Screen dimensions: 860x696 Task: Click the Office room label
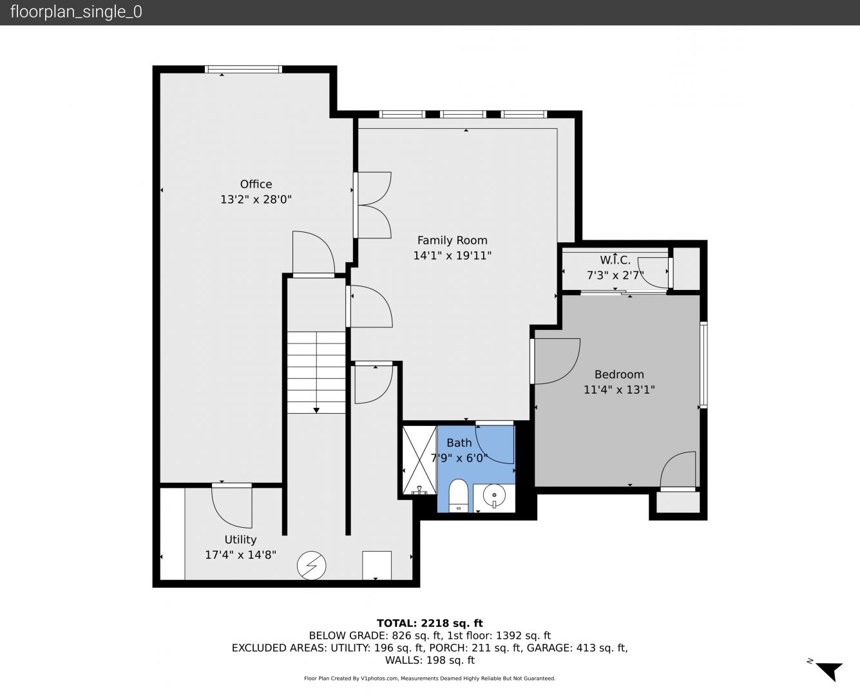(256, 184)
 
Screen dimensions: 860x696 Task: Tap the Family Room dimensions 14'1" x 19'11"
(452, 256)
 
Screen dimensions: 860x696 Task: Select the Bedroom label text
(619, 374)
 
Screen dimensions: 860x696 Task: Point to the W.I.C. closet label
(615, 260)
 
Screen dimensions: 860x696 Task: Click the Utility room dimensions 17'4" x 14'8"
(241, 555)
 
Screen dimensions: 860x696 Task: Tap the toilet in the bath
(458, 496)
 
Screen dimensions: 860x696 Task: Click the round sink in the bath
(494, 495)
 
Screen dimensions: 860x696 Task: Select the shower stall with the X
(419, 459)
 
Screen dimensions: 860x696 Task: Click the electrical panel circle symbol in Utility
(311, 566)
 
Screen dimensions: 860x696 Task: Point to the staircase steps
(316, 372)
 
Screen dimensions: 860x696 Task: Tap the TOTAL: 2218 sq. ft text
(430, 623)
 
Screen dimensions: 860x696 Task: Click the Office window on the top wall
(244, 70)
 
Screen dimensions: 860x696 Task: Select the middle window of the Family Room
(463, 114)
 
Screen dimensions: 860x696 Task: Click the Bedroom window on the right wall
(703, 365)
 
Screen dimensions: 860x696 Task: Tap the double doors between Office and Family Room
(372, 205)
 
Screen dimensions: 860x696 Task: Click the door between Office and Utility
(232, 505)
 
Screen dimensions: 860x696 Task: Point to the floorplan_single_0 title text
(76, 12)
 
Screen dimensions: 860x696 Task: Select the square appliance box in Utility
(377, 566)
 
